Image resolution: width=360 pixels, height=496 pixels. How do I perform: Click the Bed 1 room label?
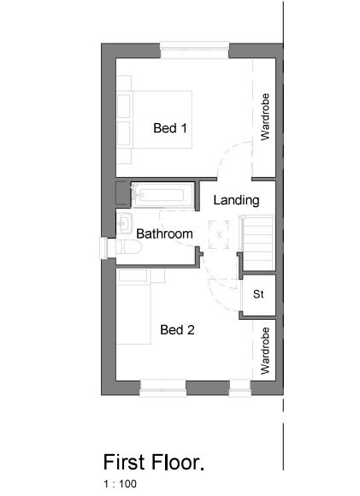click(x=170, y=128)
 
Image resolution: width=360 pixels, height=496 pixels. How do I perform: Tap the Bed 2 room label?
click(x=177, y=330)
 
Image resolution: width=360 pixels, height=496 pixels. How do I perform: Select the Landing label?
click(x=236, y=200)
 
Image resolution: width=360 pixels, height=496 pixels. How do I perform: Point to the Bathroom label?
click(x=164, y=233)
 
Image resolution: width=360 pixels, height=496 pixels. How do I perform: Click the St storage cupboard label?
click(x=258, y=294)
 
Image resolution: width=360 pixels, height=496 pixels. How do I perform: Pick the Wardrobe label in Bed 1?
click(x=265, y=116)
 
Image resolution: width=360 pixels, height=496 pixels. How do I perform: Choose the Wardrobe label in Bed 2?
click(x=265, y=351)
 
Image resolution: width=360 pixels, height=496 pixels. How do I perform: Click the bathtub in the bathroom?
click(x=162, y=195)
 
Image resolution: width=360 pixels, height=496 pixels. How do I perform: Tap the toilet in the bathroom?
click(x=129, y=247)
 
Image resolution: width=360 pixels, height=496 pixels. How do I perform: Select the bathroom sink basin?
click(x=124, y=223)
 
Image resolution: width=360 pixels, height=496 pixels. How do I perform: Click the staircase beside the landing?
click(x=257, y=243)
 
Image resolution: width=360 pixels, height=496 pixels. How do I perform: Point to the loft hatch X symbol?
click(x=219, y=234)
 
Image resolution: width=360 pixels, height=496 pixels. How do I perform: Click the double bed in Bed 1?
click(x=155, y=120)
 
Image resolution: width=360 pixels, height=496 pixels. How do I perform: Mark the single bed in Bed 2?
click(x=133, y=306)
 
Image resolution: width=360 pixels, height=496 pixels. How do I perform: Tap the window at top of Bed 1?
click(x=194, y=50)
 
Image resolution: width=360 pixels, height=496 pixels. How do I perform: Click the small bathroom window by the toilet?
click(x=103, y=248)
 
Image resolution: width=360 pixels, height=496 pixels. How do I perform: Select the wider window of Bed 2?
click(x=163, y=389)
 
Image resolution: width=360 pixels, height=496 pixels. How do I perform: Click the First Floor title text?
click(x=154, y=462)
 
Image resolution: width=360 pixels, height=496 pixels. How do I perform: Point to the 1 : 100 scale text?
click(x=121, y=484)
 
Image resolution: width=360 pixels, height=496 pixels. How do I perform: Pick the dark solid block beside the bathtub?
click(x=123, y=193)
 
